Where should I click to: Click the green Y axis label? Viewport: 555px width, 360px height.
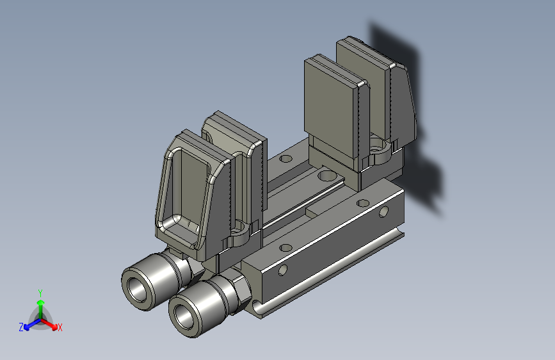pos(40,293)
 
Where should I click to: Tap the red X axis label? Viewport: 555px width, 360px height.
pos(60,327)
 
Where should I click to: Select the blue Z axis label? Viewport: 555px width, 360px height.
pos(21,327)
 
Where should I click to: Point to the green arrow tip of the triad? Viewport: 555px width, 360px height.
pos(41,302)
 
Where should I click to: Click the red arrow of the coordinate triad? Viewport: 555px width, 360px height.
pos(49,324)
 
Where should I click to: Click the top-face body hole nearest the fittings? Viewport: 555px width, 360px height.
pos(286,247)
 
